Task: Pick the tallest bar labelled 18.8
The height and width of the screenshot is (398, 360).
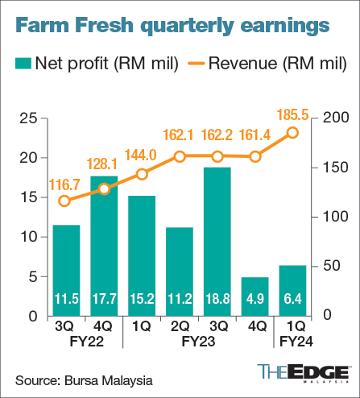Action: [x=217, y=242]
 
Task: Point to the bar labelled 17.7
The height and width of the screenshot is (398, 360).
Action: [x=104, y=246]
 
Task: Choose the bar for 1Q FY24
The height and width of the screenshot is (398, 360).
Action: [x=292, y=290]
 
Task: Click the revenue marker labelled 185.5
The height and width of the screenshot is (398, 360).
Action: [x=293, y=133]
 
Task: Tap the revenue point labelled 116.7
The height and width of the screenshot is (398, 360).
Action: [x=66, y=201]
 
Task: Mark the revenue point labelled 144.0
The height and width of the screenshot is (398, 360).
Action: [x=142, y=174]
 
